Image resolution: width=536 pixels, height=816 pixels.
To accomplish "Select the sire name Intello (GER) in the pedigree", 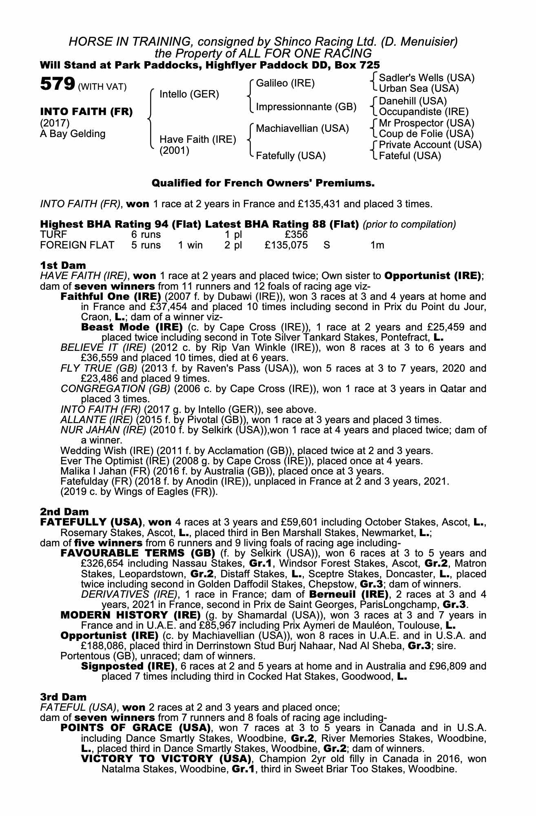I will point(189,95).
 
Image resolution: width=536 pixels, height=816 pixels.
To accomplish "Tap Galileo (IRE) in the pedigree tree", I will point(285,83).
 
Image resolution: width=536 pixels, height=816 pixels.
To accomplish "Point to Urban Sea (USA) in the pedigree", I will point(419,89).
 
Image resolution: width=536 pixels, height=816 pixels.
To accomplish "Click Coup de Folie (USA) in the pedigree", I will point(426,134).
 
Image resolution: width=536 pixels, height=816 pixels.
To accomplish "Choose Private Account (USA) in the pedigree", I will point(430,145).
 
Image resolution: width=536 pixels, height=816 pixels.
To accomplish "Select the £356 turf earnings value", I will point(296,235).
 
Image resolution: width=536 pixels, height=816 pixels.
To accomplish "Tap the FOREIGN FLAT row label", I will point(77,245).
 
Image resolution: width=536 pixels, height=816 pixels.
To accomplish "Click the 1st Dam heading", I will point(63,265).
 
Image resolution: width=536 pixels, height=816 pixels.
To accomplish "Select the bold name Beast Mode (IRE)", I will point(132,327).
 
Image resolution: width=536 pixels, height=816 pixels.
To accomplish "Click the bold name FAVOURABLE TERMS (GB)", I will point(138,553).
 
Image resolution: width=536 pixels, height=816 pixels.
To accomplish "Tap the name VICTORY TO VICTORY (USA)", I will point(165,759).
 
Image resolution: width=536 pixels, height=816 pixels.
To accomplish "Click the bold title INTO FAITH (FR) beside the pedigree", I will point(86,112).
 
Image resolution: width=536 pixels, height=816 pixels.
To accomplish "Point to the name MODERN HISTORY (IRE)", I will point(131,615).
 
